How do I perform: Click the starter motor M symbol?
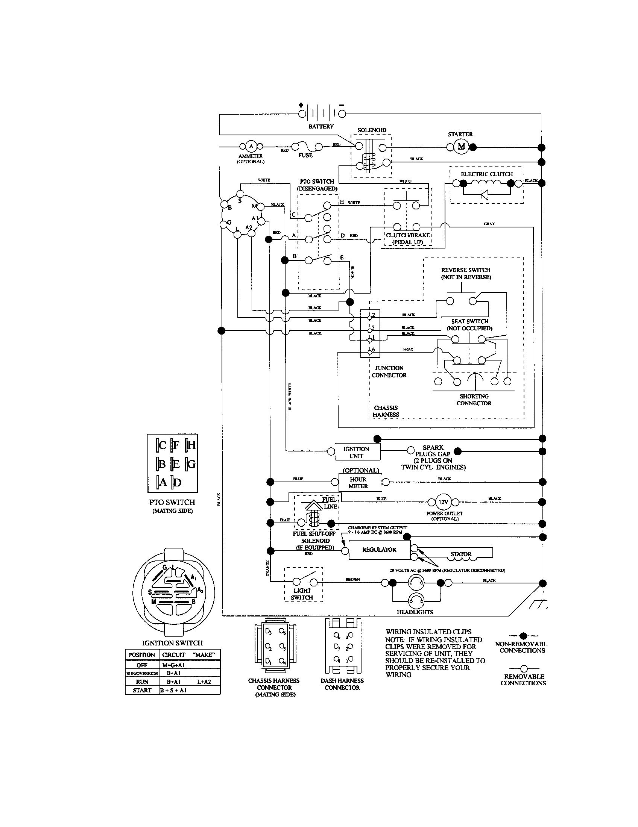coord(461,147)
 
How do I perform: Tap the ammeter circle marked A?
coord(251,146)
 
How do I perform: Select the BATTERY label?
coord(321,126)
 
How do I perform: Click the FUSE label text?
coord(305,155)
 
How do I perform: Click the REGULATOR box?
coord(379,550)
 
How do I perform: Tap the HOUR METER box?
coord(358,483)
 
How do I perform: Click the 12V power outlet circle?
coord(443,502)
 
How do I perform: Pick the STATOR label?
coord(461,554)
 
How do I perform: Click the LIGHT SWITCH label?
coord(302,594)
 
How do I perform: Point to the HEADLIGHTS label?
coord(415,612)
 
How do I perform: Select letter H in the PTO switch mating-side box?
coord(191,445)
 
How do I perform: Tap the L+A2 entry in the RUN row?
coord(204,682)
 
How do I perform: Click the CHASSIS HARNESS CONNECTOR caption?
coord(274,687)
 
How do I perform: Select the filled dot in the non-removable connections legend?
coord(523,636)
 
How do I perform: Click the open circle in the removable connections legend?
coord(524,669)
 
